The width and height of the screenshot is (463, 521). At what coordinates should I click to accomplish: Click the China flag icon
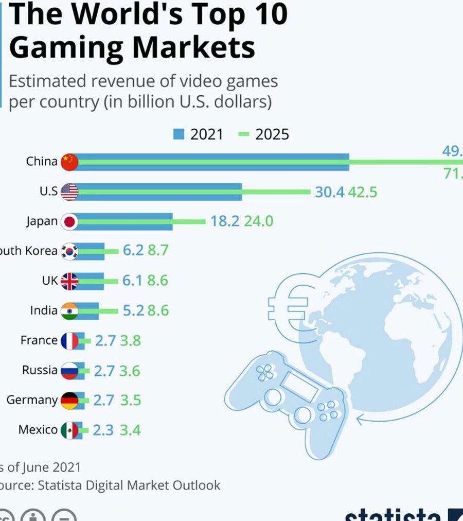69,162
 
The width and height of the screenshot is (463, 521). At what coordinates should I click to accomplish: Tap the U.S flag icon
69,192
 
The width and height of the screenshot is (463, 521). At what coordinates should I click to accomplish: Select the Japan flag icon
69,222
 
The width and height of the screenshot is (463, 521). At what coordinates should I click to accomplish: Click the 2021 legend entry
198,134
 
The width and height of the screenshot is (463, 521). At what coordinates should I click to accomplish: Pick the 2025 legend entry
264,134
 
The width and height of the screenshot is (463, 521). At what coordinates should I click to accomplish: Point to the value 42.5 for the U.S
363,193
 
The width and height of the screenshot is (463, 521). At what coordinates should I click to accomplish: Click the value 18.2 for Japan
225,221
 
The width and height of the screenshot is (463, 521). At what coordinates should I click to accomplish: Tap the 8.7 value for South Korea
158,251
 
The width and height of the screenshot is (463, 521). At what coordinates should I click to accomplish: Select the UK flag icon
69,281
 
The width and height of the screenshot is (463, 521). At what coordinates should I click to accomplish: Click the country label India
44,310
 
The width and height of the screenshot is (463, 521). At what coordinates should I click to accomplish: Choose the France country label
39,340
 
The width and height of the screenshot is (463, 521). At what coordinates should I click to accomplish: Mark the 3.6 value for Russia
130,371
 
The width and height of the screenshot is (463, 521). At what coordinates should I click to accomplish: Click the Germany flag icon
69,401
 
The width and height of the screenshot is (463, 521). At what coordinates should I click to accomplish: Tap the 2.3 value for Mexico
103,430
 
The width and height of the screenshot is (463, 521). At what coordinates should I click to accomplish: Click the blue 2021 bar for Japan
123,222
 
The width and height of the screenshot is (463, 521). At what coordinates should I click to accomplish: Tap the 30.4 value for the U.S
330,193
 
